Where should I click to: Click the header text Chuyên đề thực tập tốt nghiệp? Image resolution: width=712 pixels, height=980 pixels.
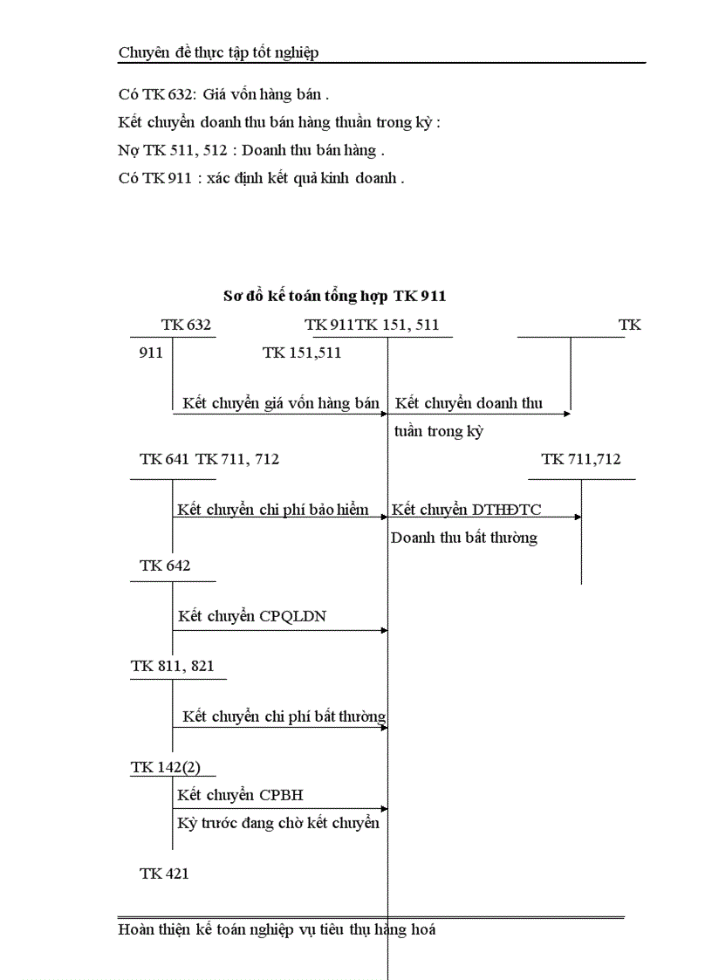coord(218,53)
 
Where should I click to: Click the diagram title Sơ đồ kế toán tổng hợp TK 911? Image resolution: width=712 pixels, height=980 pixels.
coord(334,297)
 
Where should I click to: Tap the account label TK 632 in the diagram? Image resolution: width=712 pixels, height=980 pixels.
coord(186,326)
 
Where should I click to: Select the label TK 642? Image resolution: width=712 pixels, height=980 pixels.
coord(164,565)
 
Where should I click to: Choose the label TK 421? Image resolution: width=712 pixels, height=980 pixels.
coord(164,874)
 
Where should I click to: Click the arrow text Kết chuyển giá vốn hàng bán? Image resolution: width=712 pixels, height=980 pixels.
coord(280,403)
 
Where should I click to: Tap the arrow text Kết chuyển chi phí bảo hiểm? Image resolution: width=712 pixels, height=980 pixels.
coord(272,510)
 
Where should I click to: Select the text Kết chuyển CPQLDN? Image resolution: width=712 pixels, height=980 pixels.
coord(251,616)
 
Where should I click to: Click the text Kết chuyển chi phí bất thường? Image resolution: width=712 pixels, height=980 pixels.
coord(284,716)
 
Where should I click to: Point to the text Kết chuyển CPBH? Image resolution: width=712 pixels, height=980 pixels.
coord(240,795)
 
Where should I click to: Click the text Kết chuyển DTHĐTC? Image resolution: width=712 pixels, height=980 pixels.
coord(466,510)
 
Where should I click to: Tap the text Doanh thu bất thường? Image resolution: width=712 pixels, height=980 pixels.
coord(463,538)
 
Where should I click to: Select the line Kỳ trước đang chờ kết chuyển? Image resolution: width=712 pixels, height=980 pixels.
coord(278,823)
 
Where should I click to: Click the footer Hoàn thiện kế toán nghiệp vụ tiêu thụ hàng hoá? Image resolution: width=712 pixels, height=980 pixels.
coord(277,929)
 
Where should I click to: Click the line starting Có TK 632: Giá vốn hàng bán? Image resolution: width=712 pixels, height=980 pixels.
coord(223,94)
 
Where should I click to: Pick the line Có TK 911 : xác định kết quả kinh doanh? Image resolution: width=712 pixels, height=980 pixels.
coord(261,178)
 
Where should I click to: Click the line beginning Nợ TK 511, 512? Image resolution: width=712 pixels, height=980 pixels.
coord(250,150)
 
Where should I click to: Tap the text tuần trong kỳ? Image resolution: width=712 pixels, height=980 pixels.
coord(438,431)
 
